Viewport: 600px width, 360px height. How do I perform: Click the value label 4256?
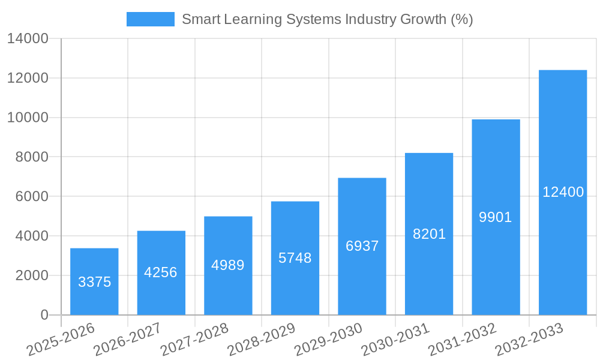161,272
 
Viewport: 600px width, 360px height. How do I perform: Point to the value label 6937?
362,246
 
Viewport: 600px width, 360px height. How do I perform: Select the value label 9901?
496,217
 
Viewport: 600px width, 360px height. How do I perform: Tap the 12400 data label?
563,192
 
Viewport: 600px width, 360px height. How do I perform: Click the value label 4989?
228,265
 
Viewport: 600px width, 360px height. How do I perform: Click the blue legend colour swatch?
151,19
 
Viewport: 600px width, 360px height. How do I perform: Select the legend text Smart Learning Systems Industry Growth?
328,19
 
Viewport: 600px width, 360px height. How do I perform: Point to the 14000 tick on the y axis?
28,39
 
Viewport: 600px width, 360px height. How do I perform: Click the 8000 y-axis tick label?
31,157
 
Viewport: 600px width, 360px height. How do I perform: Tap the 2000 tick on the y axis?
31,275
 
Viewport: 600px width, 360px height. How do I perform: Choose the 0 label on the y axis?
44,315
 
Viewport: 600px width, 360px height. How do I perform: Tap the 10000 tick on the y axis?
28,118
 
